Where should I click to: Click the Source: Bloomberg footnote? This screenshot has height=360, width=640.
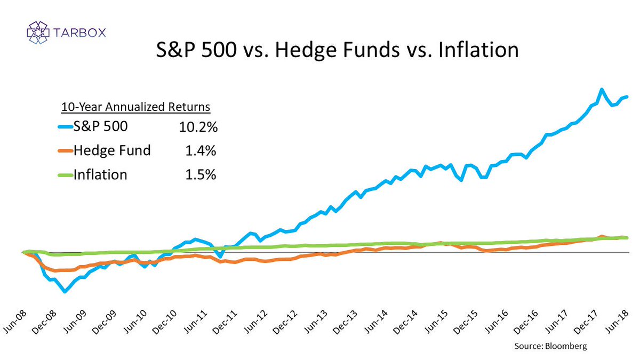(x=550, y=346)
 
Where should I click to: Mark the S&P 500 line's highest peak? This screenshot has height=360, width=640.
(x=602, y=90)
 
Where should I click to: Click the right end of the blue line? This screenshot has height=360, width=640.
(x=627, y=97)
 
